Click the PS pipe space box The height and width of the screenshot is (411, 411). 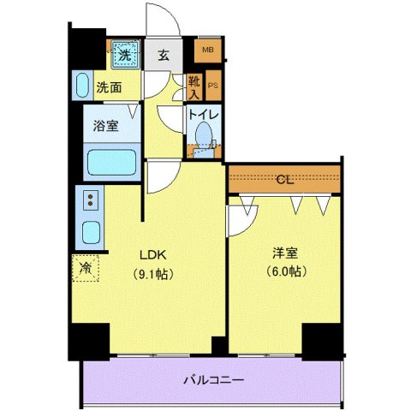click(212, 86)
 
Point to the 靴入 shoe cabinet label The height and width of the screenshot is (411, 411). click(194, 86)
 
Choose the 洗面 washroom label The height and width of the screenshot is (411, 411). click(108, 86)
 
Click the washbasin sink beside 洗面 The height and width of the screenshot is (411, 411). click(83, 86)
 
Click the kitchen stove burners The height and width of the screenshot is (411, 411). click(88, 201)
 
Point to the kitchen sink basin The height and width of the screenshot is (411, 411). click(88, 232)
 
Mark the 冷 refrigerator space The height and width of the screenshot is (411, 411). click(86, 268)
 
